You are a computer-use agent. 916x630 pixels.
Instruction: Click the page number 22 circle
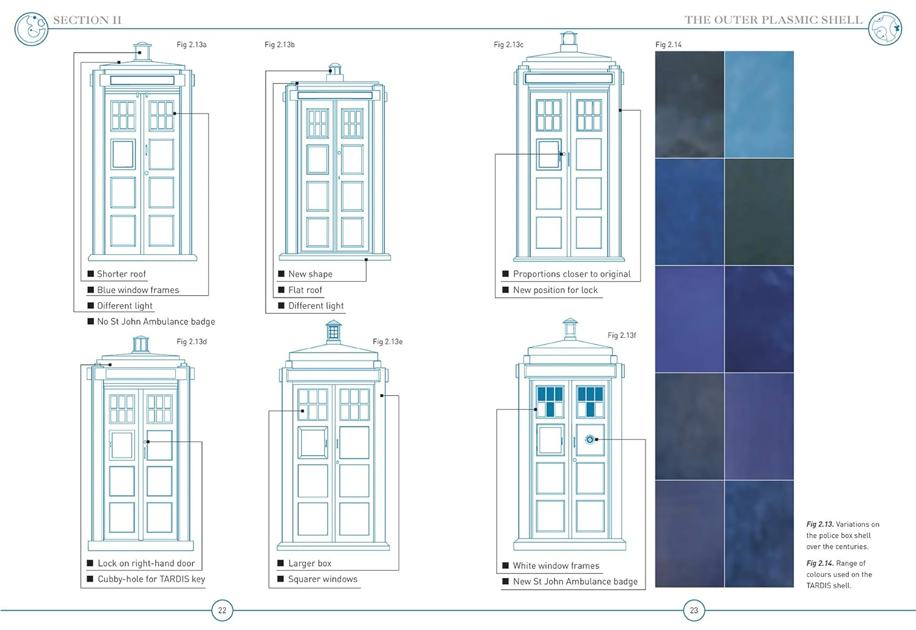(222, 610)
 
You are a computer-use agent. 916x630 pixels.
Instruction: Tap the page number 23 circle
(694, 610)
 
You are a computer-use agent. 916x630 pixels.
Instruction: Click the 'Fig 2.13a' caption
(191, 45)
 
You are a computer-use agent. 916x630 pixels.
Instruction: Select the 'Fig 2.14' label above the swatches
(668, 45)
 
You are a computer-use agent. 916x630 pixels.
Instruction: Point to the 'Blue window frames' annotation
(138, 290)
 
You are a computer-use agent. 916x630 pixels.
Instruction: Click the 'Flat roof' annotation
(305, 290)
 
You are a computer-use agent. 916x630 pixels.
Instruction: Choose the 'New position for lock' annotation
(555, 290)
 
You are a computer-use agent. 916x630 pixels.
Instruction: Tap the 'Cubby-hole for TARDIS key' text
(151, 579)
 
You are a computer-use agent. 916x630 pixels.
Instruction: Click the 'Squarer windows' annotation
(322, 579)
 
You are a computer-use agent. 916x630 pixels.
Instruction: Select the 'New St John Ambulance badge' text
(575, 582)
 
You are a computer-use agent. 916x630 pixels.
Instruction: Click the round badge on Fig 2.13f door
(589, 439)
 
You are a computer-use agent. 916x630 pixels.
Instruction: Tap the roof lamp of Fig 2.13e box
(333, 332)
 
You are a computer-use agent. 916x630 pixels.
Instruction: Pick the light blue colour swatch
(759, 104)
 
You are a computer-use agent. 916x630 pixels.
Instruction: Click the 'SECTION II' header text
(87, 20)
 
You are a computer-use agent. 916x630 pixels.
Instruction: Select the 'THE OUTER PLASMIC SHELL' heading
(773, 20)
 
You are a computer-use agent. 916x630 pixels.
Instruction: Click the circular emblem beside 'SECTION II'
(31, 28)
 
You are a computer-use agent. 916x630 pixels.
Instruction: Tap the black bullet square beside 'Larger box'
(281, 563)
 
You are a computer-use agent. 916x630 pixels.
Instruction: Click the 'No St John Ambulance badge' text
(156, 321)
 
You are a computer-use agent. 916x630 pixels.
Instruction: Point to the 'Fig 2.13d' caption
(191, 342)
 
